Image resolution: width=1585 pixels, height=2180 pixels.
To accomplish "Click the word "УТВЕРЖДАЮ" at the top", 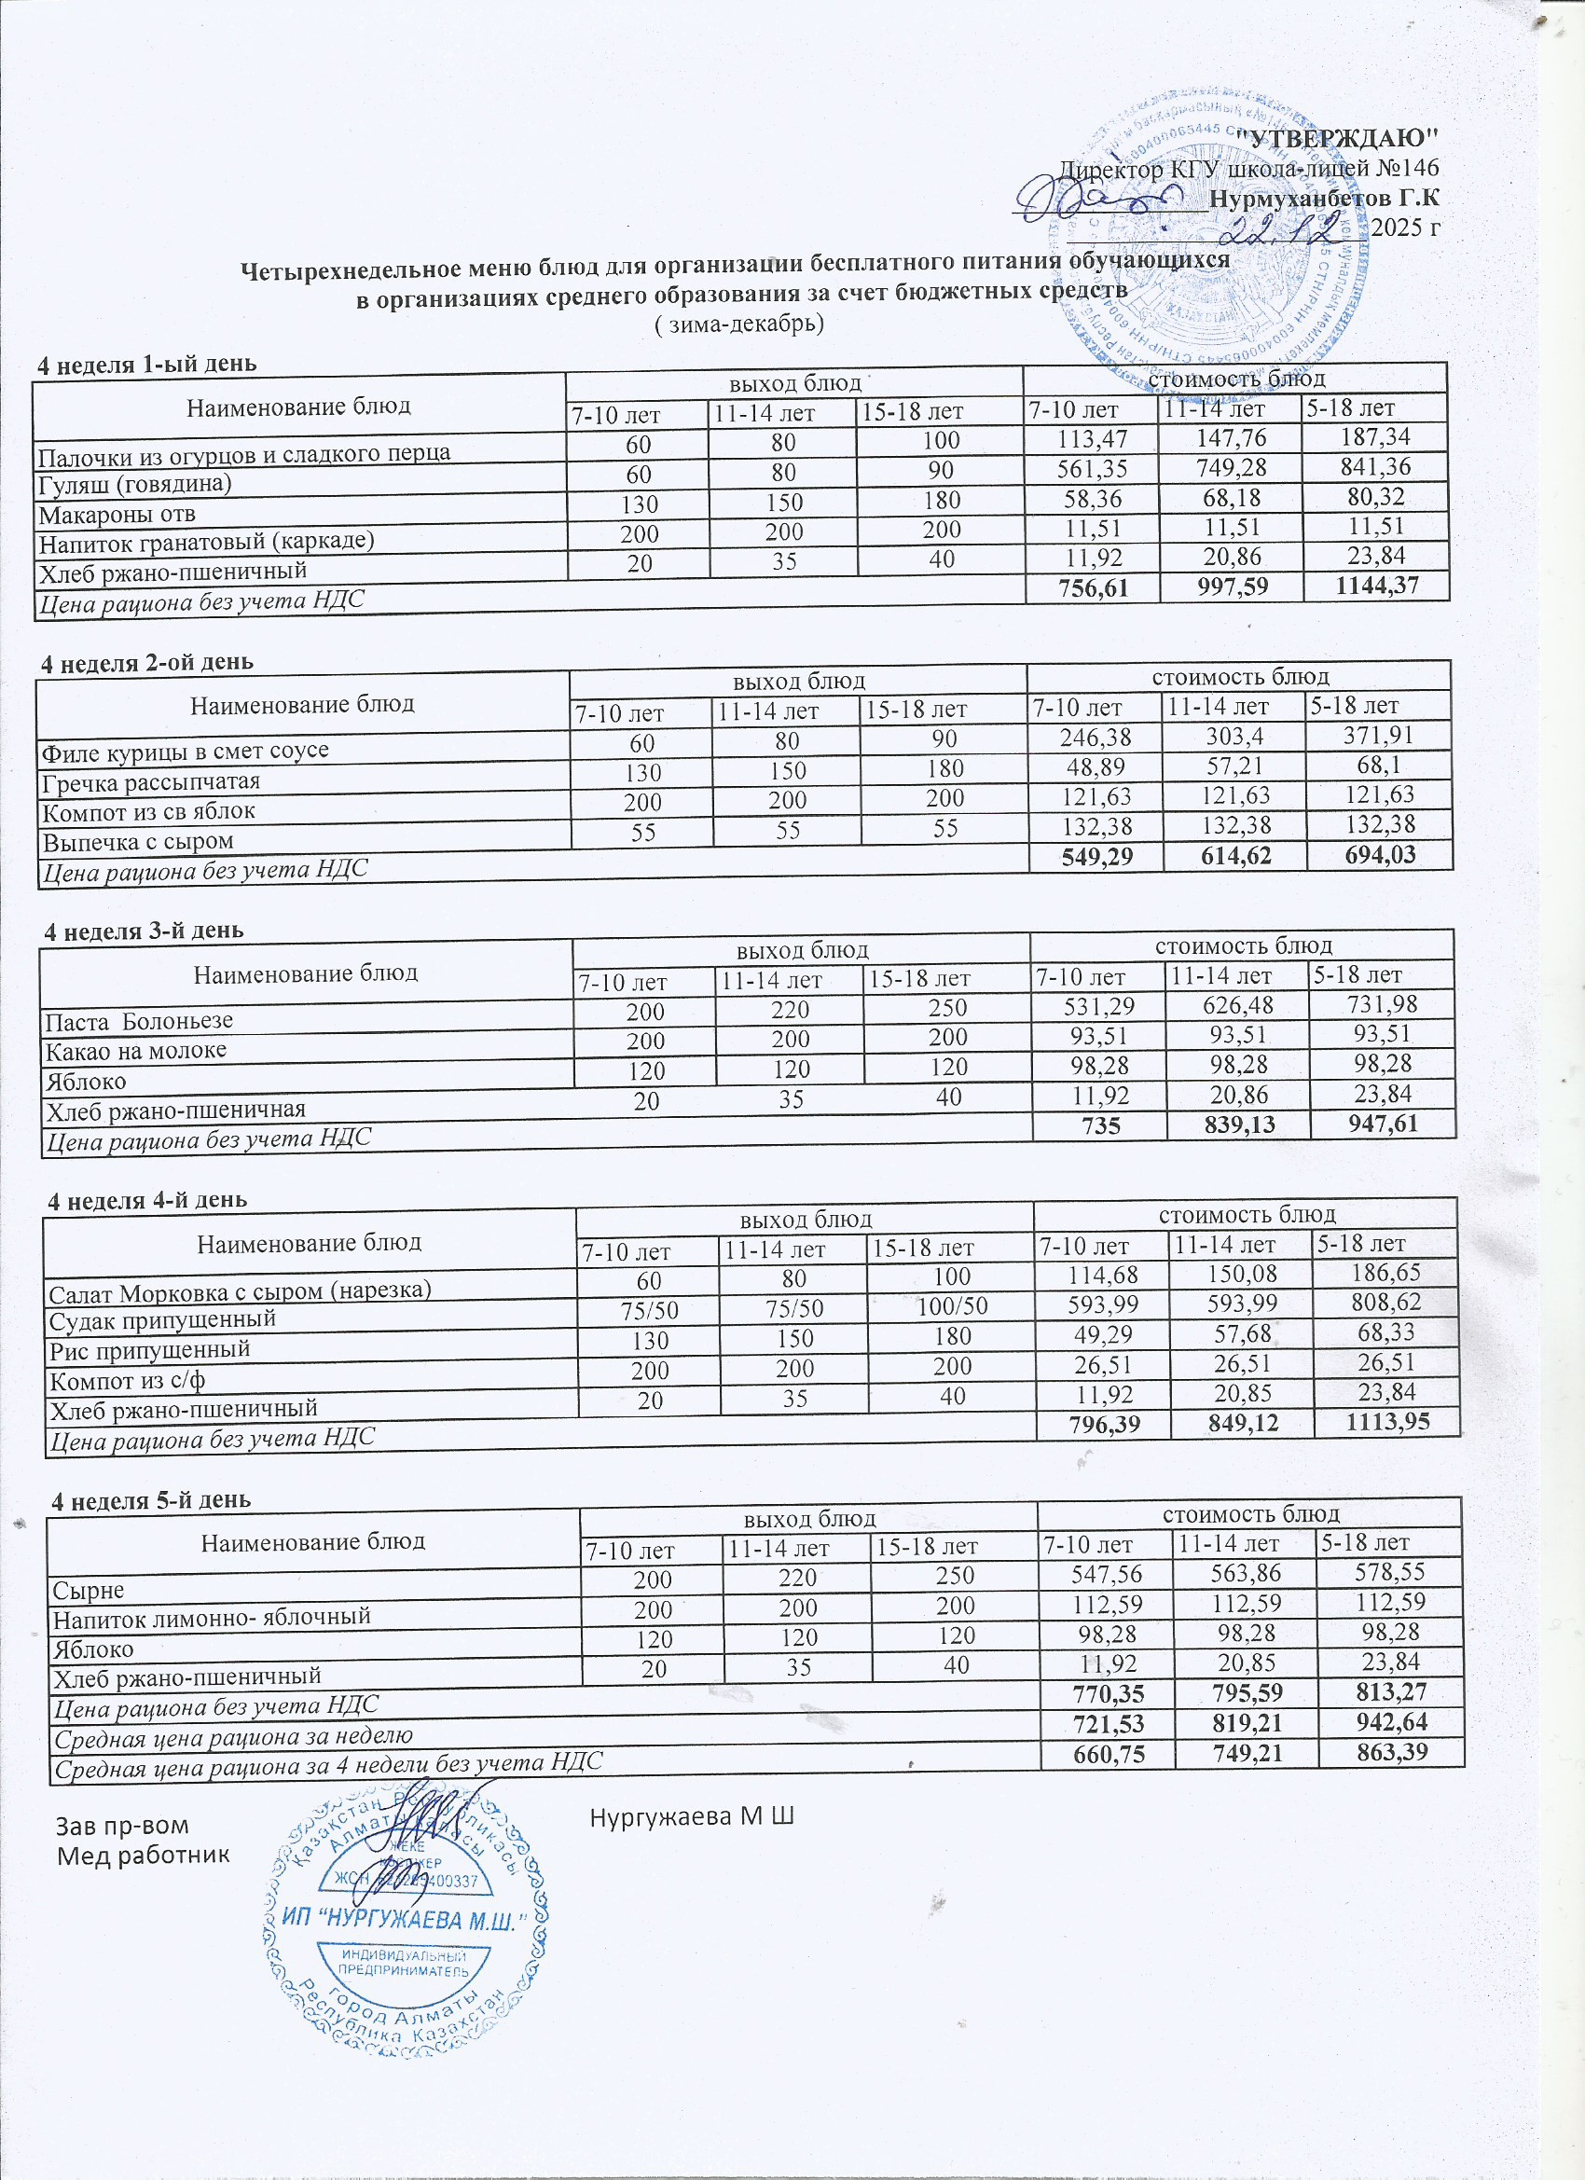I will click(1337, 135).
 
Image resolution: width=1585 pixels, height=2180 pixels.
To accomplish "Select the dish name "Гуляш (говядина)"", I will click(134, 482).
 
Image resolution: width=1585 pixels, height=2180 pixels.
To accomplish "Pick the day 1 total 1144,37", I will click(1376, 585).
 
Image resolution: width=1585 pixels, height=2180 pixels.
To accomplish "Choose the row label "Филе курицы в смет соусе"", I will click(185, 751).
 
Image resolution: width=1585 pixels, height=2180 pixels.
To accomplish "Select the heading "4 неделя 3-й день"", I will click(145, 931).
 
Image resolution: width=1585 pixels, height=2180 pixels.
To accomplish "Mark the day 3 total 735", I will click(1100, 1124).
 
